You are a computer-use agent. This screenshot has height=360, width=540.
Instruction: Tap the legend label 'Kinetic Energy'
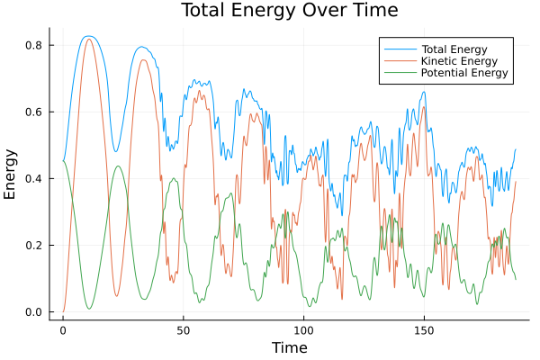click(460, 60)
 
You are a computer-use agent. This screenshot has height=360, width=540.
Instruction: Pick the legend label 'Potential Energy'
click(464, 73)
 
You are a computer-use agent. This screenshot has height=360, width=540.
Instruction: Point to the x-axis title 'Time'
click(290, 348)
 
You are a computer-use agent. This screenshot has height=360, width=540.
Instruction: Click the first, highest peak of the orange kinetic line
click(88, 39)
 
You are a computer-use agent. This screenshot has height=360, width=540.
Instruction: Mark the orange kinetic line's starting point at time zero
click(63, 311)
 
